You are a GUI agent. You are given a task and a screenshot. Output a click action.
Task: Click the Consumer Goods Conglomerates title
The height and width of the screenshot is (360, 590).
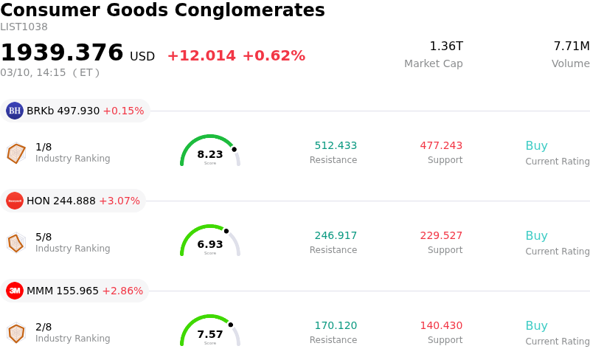(162, 10)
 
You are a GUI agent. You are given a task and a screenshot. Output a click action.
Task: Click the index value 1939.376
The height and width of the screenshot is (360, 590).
(62, 53)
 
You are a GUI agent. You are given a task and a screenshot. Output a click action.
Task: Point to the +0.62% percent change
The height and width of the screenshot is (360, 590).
(274, 56)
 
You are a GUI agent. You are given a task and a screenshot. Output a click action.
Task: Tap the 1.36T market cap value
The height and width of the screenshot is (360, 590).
(446, 46)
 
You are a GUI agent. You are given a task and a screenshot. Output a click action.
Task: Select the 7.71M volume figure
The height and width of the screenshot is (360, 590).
(571, 46)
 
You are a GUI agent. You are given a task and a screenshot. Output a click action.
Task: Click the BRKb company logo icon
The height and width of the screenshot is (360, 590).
(15, 111)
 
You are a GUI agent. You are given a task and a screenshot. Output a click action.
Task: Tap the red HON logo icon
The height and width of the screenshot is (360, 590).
(15, 201)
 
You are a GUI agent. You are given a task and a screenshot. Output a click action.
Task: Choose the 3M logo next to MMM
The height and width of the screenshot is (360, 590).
(15, 291)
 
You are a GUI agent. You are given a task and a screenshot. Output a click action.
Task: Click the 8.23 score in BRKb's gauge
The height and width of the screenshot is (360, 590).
(210, 155)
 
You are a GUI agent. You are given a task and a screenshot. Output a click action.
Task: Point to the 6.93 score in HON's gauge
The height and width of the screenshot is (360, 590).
(210, 245)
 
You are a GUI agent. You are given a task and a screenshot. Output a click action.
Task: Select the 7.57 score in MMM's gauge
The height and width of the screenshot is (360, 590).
(210, 335)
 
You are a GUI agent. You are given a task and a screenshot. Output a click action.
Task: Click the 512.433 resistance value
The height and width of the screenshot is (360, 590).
(336, 146)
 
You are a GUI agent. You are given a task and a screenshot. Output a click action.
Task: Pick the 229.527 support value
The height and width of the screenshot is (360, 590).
(441, 236)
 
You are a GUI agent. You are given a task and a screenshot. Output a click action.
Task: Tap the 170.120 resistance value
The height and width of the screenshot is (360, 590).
(336, 326)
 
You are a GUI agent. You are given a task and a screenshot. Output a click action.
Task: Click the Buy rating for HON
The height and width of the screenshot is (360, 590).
(536, 236)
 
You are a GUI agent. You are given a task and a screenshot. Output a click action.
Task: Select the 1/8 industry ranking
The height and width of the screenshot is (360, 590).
(44, 147)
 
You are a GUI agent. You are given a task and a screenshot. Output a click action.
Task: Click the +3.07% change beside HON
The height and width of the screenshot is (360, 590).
(119, 201)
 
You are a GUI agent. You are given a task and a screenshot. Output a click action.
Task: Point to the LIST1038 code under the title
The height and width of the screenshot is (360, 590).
(24, 27)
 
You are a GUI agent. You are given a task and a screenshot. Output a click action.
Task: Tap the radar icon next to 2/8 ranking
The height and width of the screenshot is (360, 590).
(16, 333)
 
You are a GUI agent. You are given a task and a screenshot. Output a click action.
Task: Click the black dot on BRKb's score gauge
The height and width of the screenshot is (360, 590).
(235, 149)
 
